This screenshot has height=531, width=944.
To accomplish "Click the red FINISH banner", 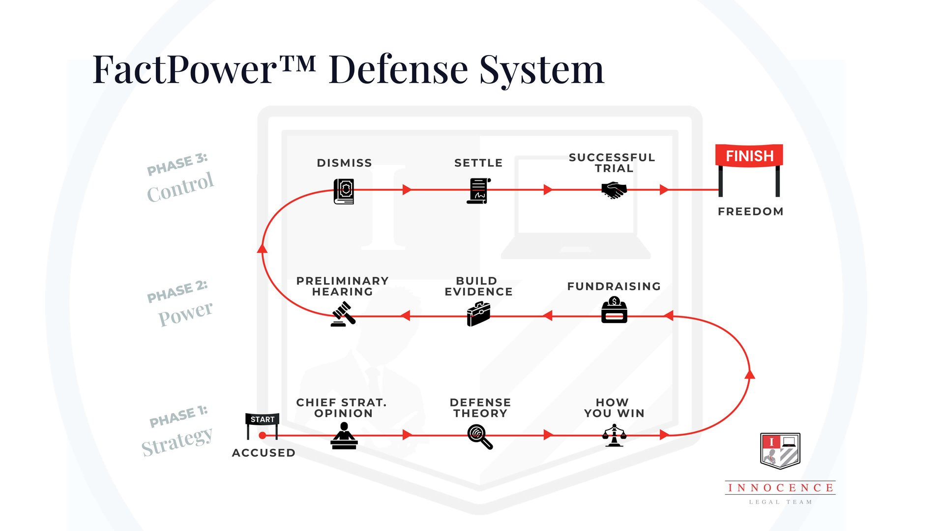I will point(749,156).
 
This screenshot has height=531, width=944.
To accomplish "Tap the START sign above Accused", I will point(262,419).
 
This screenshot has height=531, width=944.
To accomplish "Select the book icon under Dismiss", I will point(344,191).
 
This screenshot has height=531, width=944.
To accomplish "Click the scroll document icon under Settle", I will point(478,191).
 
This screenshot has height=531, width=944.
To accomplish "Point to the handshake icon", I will point(614,190).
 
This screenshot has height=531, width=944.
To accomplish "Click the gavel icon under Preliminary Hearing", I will point(343,314).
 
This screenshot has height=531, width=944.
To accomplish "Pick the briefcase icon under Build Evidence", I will point(478,314).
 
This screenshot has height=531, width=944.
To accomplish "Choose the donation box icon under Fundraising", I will point(614,310).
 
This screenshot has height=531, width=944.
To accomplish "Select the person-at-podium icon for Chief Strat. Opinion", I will point(344,436).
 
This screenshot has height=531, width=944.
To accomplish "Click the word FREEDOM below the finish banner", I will point(750,211).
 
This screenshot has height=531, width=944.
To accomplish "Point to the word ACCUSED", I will point(264,453).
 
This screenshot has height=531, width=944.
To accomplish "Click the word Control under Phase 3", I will point(180,187).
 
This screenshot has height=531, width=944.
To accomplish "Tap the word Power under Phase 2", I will point(185,313).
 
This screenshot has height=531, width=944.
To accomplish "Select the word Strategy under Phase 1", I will point(177,441).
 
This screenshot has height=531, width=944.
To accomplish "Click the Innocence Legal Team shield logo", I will point(780,451).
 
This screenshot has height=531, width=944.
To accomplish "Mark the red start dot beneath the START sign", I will point(263,435).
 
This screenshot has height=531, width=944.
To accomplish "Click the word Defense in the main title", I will point(398,69).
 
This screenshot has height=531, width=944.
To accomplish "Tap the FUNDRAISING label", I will point(614,286).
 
